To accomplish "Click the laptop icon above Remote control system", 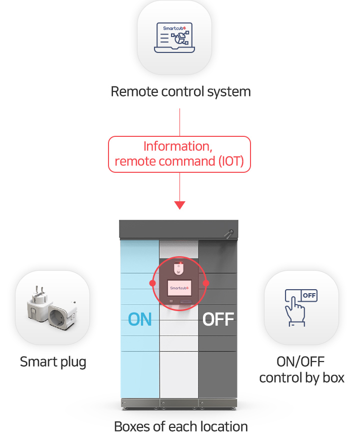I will pos(174,38).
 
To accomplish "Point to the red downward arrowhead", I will pos(179,205).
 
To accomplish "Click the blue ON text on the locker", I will pos(140,319).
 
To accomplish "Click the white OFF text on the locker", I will pos(218,319).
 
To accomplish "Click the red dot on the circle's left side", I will pos(152,283).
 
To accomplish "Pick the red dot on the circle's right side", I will pos(206,283).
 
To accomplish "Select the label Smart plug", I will pos(53,362).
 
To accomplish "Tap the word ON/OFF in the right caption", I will pos(301,362).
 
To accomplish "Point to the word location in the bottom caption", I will pos(223,427).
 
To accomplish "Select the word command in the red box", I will pos(182,161).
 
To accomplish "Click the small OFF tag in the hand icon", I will pos(309,296).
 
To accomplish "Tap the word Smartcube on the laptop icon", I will pos(173,29).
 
